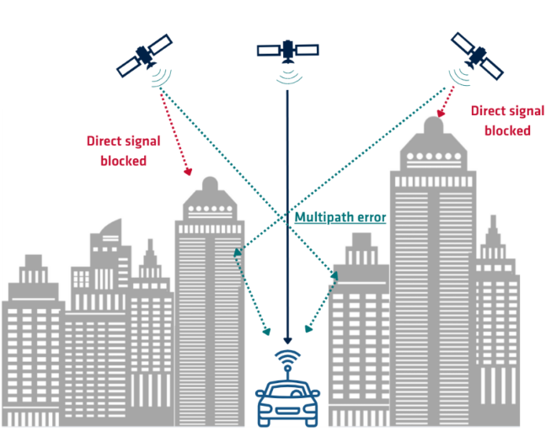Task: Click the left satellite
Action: coord(144,54)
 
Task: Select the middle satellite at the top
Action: coord(287,50)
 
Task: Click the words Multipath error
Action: coord(340,217)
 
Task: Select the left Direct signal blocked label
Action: coord(118,150)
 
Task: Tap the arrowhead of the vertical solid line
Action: coord(287,339)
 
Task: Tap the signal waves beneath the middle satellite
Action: coord(288,75)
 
